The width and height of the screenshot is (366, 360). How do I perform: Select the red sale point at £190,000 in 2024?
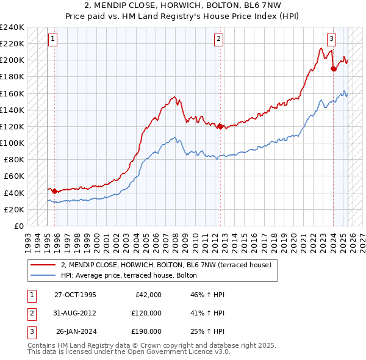[x=334, y=68]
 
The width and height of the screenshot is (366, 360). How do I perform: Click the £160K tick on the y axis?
[x=12, y=93]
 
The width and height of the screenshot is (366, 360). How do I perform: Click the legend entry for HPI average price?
[x=129, y=275]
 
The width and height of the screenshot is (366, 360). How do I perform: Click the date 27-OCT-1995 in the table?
[x=76, y=295]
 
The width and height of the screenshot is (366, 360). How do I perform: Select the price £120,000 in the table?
[x=146, y=313]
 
